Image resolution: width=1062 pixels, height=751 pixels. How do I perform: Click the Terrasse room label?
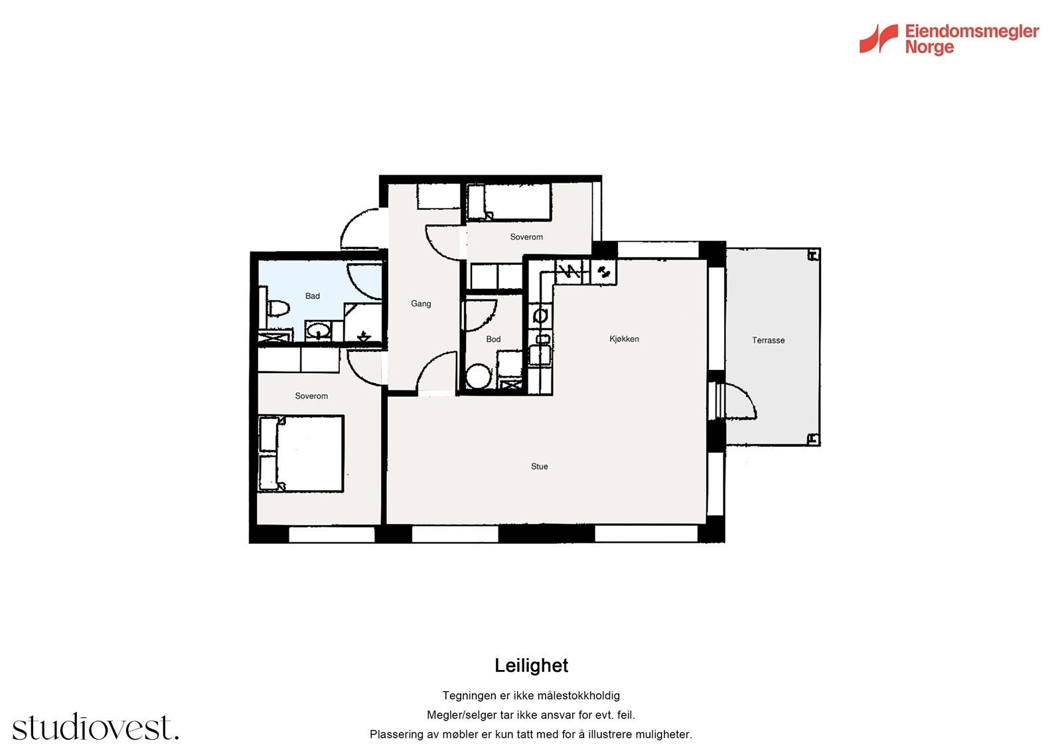[768, 340]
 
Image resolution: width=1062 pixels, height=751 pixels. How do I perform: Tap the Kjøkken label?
[624, 339]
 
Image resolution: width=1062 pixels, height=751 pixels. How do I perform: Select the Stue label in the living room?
[539, 466]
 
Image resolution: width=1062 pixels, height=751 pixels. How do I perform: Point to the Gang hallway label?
[421, 303]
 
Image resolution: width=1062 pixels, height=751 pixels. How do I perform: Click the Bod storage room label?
[493, 339]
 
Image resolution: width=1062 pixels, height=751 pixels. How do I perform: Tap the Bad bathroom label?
[312, 296]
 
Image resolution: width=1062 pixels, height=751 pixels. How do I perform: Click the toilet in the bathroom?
[279, 308]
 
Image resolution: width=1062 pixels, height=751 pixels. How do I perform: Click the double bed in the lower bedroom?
[301, 454]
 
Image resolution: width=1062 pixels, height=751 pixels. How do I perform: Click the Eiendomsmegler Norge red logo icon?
[878, 39]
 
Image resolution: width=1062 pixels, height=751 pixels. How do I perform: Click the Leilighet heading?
[531, 665]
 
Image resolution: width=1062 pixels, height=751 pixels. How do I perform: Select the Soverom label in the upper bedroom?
[526, 237]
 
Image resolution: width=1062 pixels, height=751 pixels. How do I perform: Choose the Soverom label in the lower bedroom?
[311, 396]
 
